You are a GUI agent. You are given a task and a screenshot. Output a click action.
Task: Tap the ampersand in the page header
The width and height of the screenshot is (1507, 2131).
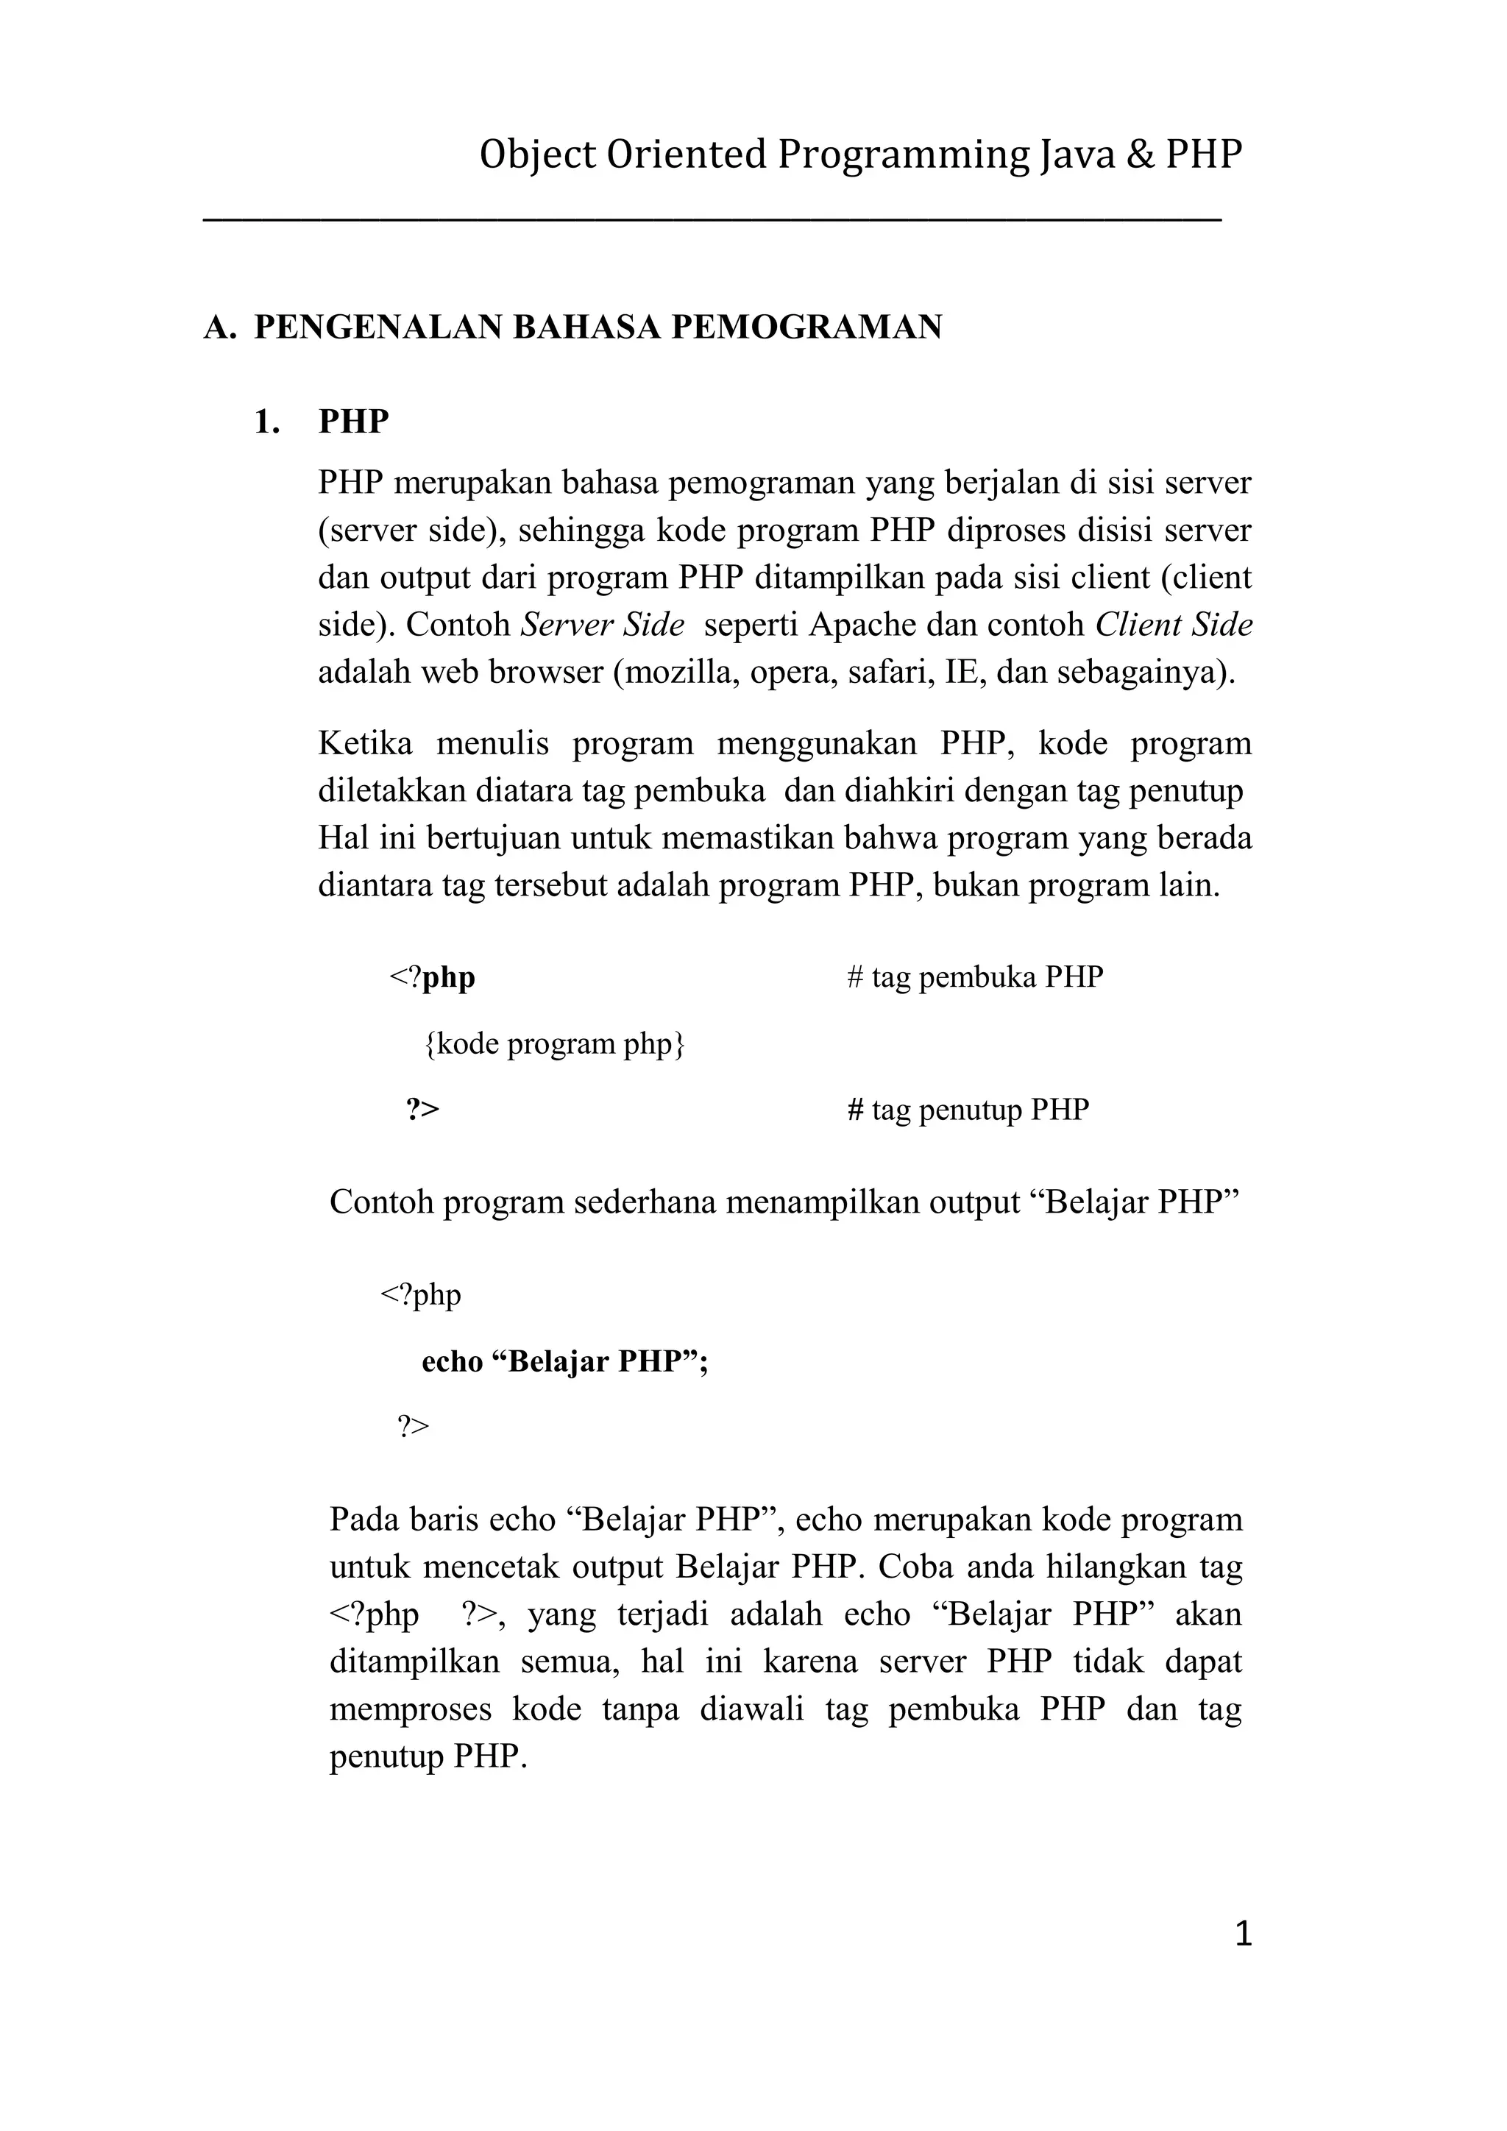pos(1138,155)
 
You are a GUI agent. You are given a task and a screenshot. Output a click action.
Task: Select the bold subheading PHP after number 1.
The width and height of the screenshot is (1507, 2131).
pos(353,422)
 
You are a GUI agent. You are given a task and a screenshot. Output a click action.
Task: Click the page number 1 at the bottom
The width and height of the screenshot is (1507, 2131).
pos(1244,1935)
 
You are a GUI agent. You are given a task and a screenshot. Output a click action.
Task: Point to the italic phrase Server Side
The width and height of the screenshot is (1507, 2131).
pos(602,625)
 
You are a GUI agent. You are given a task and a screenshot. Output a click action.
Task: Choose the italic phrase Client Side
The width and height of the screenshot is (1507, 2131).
pos(1173,625)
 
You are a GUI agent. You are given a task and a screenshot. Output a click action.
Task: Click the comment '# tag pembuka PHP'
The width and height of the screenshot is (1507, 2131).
pos(974,977)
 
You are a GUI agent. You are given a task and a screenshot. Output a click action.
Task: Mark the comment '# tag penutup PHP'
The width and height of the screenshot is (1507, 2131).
pos(968,1110)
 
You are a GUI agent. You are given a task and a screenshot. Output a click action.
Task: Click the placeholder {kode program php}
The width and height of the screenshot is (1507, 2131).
pos(554,1044)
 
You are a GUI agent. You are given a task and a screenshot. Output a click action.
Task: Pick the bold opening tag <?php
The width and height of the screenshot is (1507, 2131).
pos(431,977)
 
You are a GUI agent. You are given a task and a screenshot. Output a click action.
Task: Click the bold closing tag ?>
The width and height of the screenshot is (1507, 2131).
pos(422,1110)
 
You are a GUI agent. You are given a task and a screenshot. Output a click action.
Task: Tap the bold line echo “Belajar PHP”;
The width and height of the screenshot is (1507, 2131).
pos(564,1361)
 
